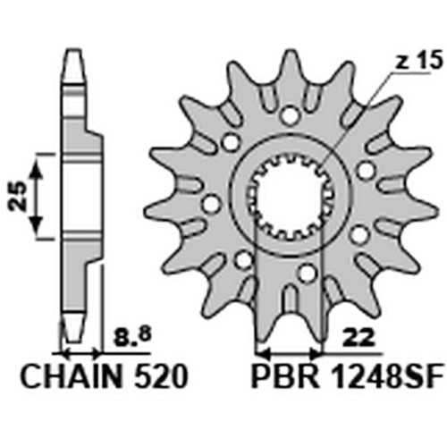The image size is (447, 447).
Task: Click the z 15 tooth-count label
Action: tap(419, 61)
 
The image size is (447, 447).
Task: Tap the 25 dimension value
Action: tap(18, 196)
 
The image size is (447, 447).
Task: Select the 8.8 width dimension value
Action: tap(133, 338)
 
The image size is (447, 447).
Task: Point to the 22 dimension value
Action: tap(358, 338)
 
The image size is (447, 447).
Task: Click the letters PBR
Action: tap(285, 377)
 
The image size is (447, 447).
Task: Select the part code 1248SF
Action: tap(388, 377)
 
